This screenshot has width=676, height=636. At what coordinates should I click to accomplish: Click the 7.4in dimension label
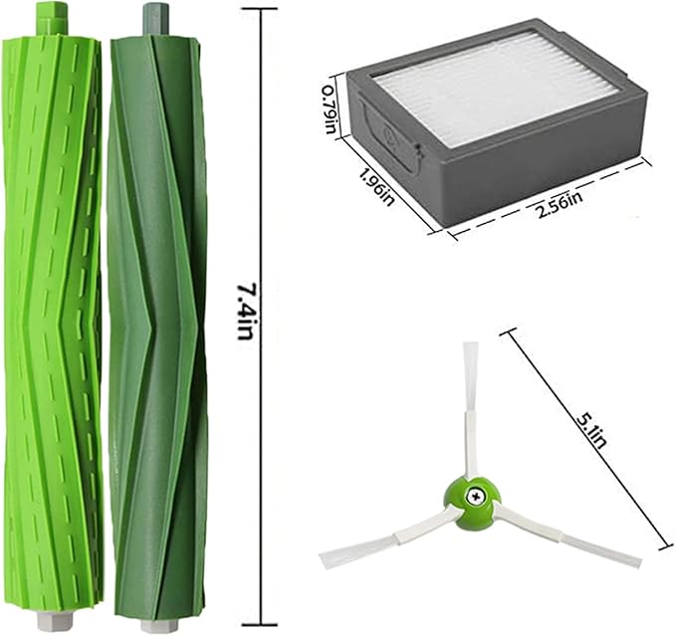(243, 311)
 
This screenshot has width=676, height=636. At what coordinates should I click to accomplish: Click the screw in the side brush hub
(475, 496)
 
